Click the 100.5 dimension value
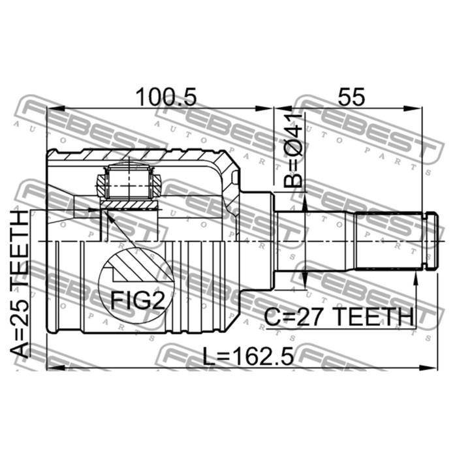click(x=166, y=97)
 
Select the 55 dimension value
click(x=351, y=97)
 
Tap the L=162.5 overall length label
click(x=248, y=356)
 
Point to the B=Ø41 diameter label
click(x=292, y=151)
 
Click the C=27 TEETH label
click(x=339, y=317)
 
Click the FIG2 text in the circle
click(x=138, y=301)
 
